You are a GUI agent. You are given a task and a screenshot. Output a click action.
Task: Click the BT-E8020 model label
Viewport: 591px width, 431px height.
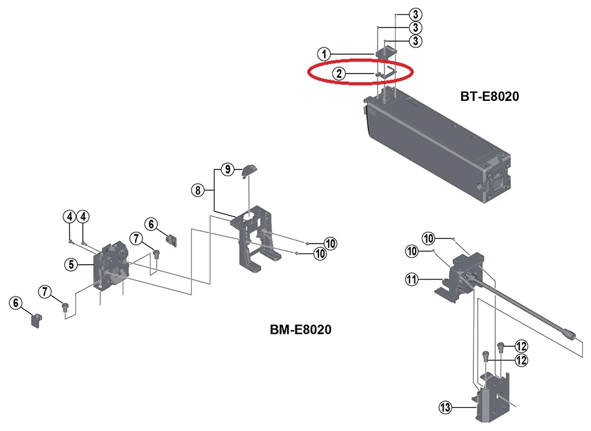click(490, 97)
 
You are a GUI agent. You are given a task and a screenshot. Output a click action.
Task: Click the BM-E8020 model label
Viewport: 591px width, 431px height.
click(300, 329)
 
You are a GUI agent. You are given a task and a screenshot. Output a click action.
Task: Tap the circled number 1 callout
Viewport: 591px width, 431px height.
click(324, 54)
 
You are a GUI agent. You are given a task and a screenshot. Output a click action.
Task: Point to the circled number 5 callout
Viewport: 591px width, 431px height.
click(72, 264)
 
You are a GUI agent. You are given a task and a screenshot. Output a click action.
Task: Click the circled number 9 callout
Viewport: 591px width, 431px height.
click(228, 169)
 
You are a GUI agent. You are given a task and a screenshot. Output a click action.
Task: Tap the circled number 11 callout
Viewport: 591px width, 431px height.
click(411, 280)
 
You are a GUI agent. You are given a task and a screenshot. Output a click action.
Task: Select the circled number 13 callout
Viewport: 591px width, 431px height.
click(445, 408)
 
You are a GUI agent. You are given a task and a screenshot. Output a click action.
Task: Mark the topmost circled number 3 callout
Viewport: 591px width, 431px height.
click(416, 14)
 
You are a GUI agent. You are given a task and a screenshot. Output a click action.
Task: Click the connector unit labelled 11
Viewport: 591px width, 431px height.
click(463, 271)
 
